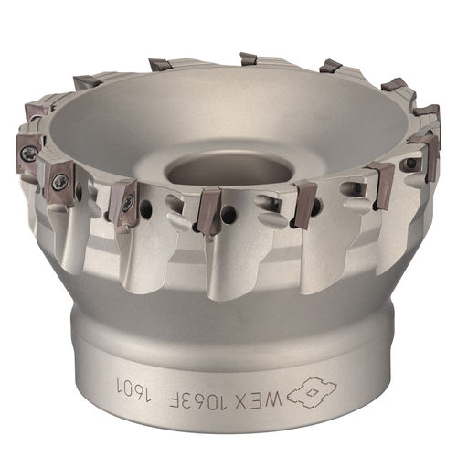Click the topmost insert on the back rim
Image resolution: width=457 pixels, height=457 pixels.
click(x=248, y=59)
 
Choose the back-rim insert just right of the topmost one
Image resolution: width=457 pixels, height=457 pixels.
click(x=330, y=67)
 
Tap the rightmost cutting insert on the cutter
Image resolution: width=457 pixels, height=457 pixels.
click(x=426, y=146)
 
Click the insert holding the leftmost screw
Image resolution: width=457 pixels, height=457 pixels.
click(x=28, y=152)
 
